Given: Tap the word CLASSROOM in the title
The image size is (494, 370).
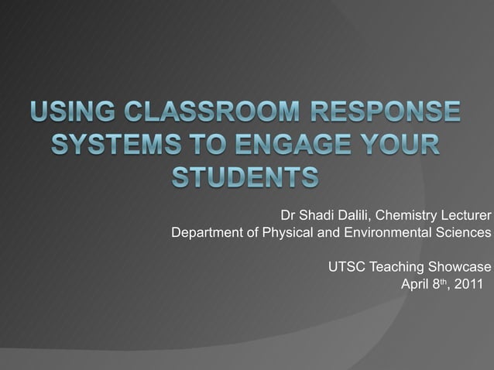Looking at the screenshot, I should (x=197, y=114).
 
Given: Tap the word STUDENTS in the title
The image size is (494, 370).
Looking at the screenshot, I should (x=244, y=177).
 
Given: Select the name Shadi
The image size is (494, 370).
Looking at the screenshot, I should (x=317, y=214).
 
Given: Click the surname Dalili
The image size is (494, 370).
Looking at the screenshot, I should (x=357, y=214).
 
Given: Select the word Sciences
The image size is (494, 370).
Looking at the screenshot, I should (x=464, y=232).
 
